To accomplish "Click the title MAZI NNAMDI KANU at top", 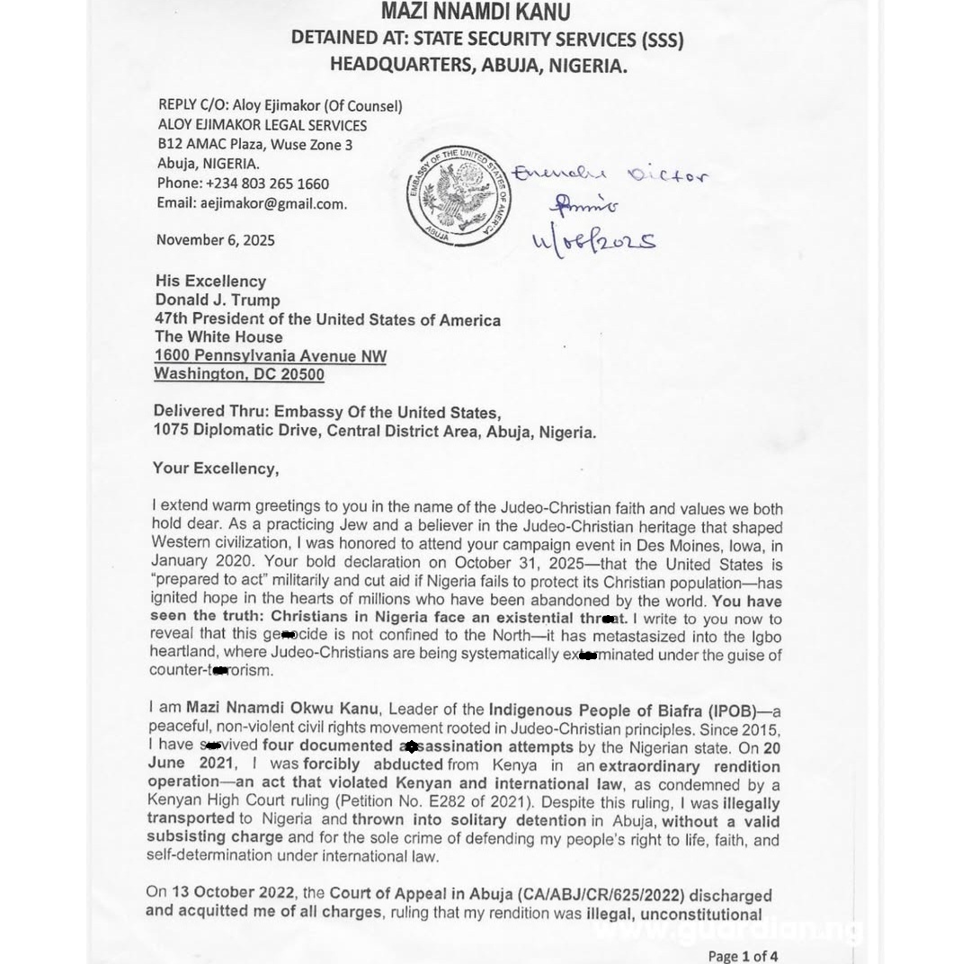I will [475, 13].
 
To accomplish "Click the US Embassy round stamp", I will [459, 197].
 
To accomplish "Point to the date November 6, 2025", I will [216, 240].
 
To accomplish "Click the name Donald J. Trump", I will [218, 300].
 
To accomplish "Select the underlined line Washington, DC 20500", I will [239, 374].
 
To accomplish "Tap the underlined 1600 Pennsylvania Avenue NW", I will [271, 356].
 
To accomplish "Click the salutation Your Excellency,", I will [216, 469].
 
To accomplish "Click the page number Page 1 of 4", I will [743, 955].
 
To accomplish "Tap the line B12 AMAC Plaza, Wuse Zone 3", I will [255, 144].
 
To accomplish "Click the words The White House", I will [218, 337].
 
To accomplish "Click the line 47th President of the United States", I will [327, 319].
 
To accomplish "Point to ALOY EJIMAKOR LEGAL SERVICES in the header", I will [263, 125].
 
